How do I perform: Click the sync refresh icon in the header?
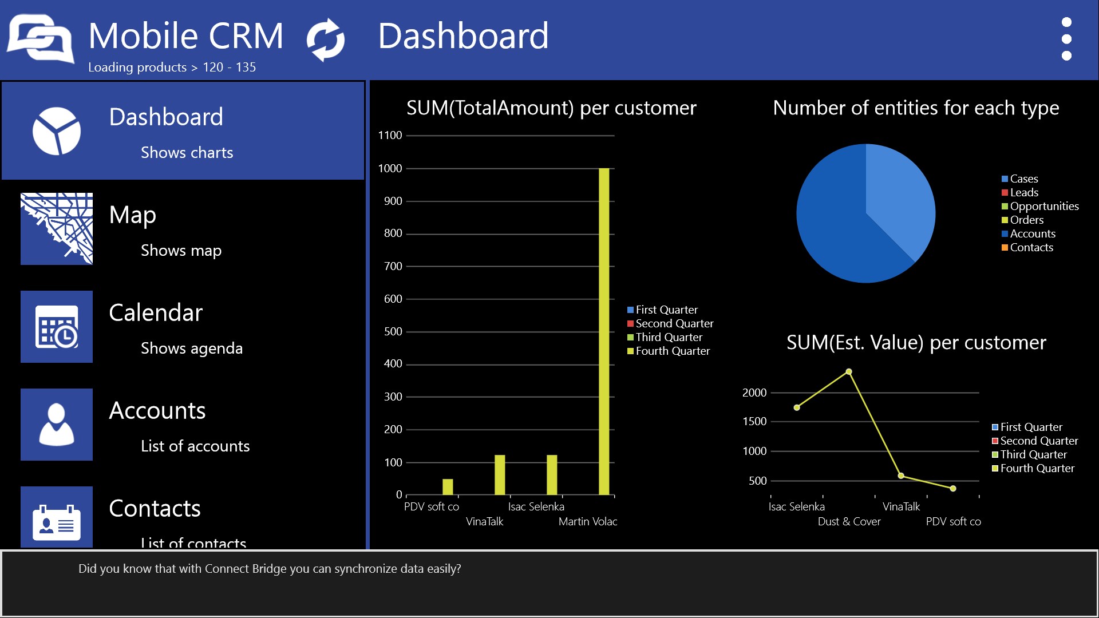(326, 39)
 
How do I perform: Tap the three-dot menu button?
(1066, 39)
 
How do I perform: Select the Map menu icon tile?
(57, 229)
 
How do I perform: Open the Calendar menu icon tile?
(57, 327)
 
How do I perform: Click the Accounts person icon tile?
(57, 425)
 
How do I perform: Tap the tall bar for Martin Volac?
(604, 331)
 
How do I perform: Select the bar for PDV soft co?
(448, 487)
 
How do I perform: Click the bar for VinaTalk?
(500, 475)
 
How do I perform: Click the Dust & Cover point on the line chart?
(849, 372)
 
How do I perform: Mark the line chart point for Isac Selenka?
(797, 407)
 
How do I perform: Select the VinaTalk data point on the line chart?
(901, 476)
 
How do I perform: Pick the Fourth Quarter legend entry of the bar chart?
(669, 351)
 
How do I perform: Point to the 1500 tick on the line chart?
(754, 421)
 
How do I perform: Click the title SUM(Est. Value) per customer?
(916, 343)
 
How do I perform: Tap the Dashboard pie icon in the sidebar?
(57, 131)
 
